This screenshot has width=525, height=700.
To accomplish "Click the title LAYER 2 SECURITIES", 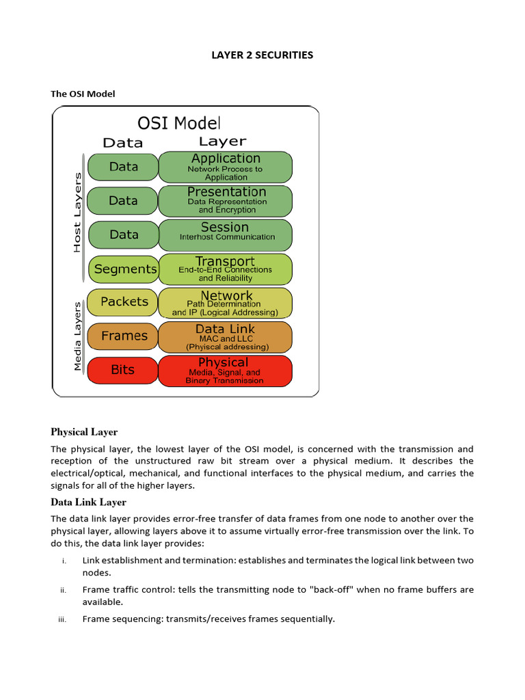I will pos(262,55).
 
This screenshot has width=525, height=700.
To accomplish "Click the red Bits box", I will pos(122,370).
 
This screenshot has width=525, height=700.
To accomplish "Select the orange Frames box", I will pos(124,336).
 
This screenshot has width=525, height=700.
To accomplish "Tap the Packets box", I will pos(124,301).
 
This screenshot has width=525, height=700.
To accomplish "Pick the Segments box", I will pos(124,269).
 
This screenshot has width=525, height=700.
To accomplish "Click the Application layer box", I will pos(226,167).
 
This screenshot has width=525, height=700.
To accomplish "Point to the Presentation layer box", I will pos(226,201).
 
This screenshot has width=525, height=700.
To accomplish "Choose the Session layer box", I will pos(226,234).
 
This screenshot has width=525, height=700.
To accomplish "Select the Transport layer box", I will pos(226,269).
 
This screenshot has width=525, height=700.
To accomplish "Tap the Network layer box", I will pos(226,303).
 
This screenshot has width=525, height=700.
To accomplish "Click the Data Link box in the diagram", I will pos(226,337).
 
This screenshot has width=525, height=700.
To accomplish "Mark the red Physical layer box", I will pos(226,371).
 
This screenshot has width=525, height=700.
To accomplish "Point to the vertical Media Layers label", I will pos(77,335).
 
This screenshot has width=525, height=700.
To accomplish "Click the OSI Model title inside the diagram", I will pos(179,123).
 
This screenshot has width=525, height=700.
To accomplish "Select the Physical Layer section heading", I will pos(84,432).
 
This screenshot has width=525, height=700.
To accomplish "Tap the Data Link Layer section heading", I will pos(88,502).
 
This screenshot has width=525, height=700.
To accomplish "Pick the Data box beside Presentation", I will pos(123,201).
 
